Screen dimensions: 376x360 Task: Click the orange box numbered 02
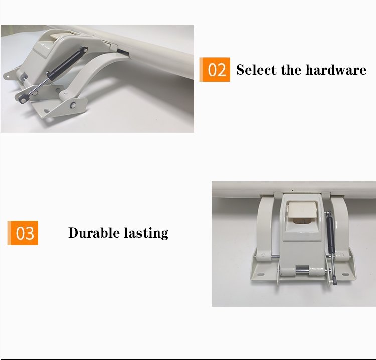click(215, 70)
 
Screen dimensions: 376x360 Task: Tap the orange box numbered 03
click(23, 233)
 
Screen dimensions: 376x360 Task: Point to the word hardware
click(336, 70)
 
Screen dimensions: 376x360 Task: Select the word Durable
click(94, 233)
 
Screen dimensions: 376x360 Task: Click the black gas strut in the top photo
click(67, 64)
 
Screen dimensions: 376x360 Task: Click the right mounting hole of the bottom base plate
click(345, 274)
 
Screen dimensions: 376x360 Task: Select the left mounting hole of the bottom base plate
click(260, 274)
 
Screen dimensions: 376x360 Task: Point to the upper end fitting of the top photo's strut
click(84, 50)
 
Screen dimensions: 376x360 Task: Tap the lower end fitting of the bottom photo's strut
click(334, 281)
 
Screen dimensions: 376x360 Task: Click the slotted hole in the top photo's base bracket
click(46, 111)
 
